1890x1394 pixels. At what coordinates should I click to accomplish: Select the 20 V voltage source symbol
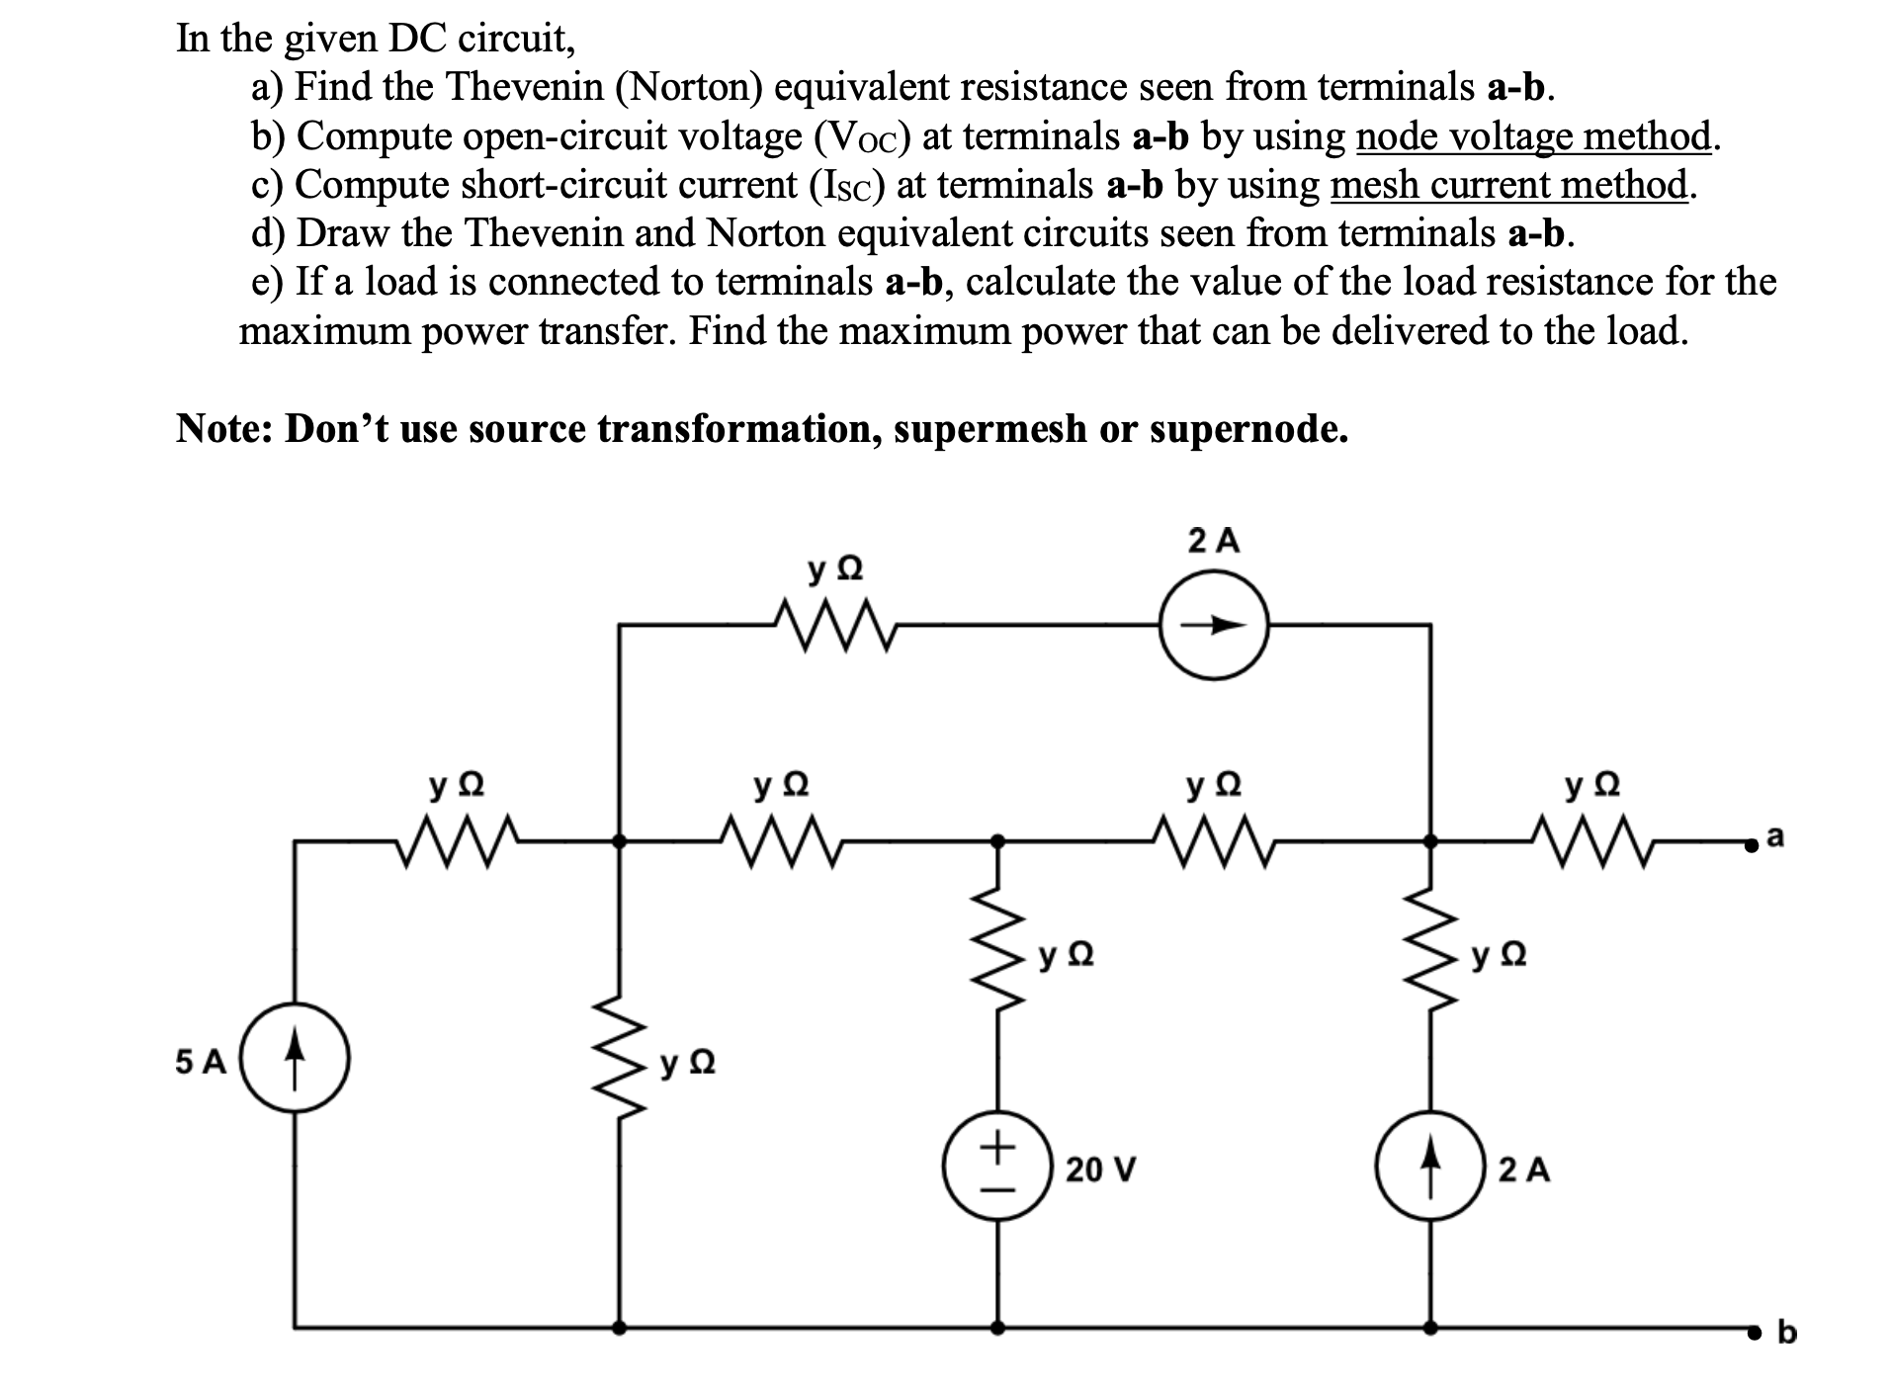[997, 1169]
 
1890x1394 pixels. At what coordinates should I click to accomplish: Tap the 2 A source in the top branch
[1214, 625]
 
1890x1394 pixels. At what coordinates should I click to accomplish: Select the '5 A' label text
[201, 1062]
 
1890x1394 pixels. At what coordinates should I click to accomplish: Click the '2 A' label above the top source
[1214, 541]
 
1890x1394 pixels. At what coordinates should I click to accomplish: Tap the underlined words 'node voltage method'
[1533, 136]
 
